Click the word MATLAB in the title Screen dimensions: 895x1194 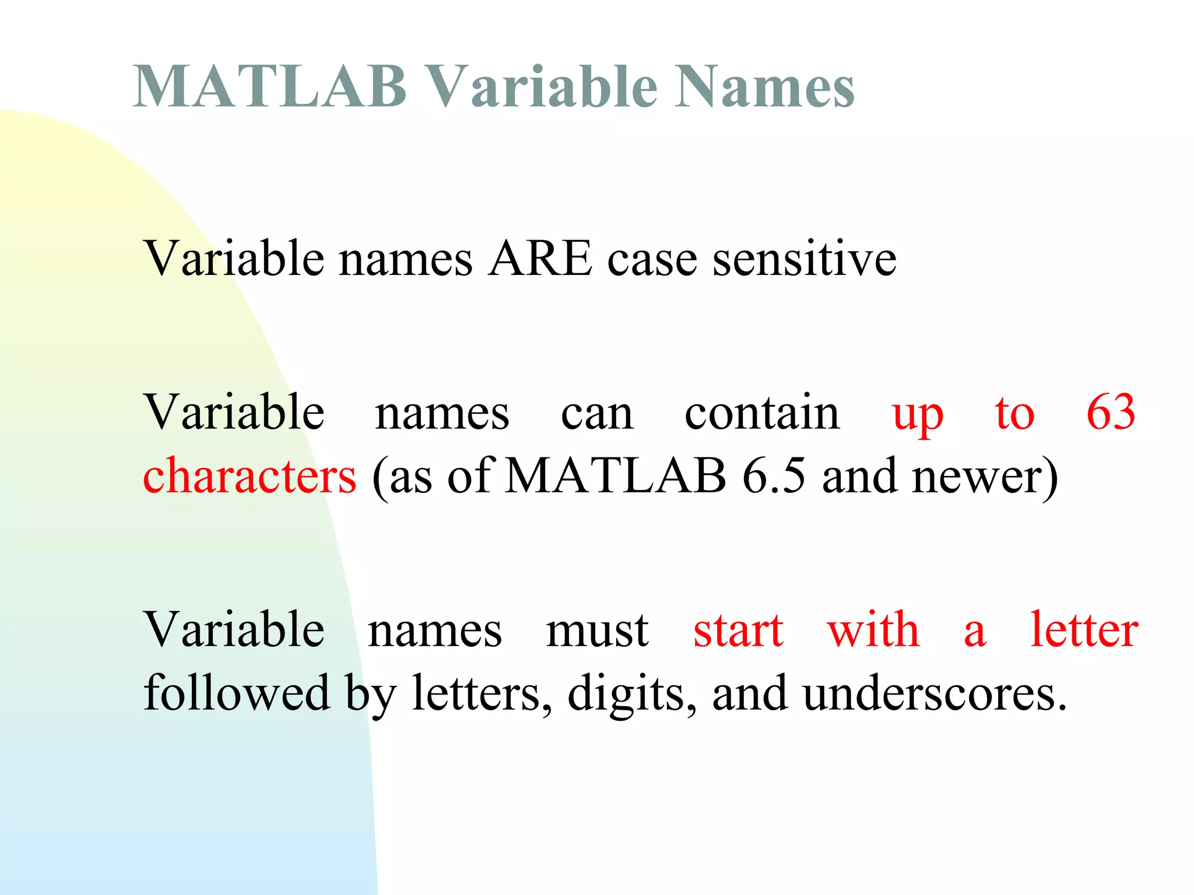(269, 87)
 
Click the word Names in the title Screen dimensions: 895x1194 (764, 87)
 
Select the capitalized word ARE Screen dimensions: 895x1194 (540, 259)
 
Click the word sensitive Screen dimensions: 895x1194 (805, 259)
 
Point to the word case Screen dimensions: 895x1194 (652, 260)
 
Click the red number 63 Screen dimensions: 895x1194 (1111, 413)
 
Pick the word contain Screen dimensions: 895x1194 (761, 413)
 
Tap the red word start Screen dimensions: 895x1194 (738, 630)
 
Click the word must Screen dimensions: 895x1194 (597, 630)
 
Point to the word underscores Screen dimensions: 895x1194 (934, 693)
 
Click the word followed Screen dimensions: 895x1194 (237, 693)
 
